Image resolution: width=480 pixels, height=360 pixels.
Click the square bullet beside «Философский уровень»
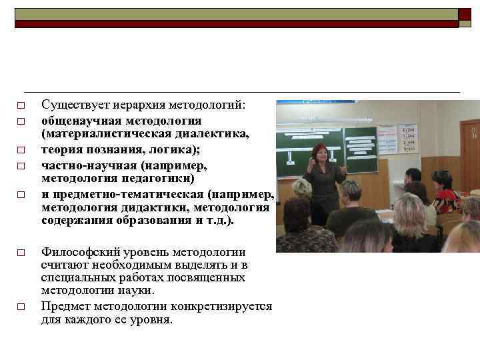point(21,253)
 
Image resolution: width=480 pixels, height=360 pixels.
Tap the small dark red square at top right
point(465,15)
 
